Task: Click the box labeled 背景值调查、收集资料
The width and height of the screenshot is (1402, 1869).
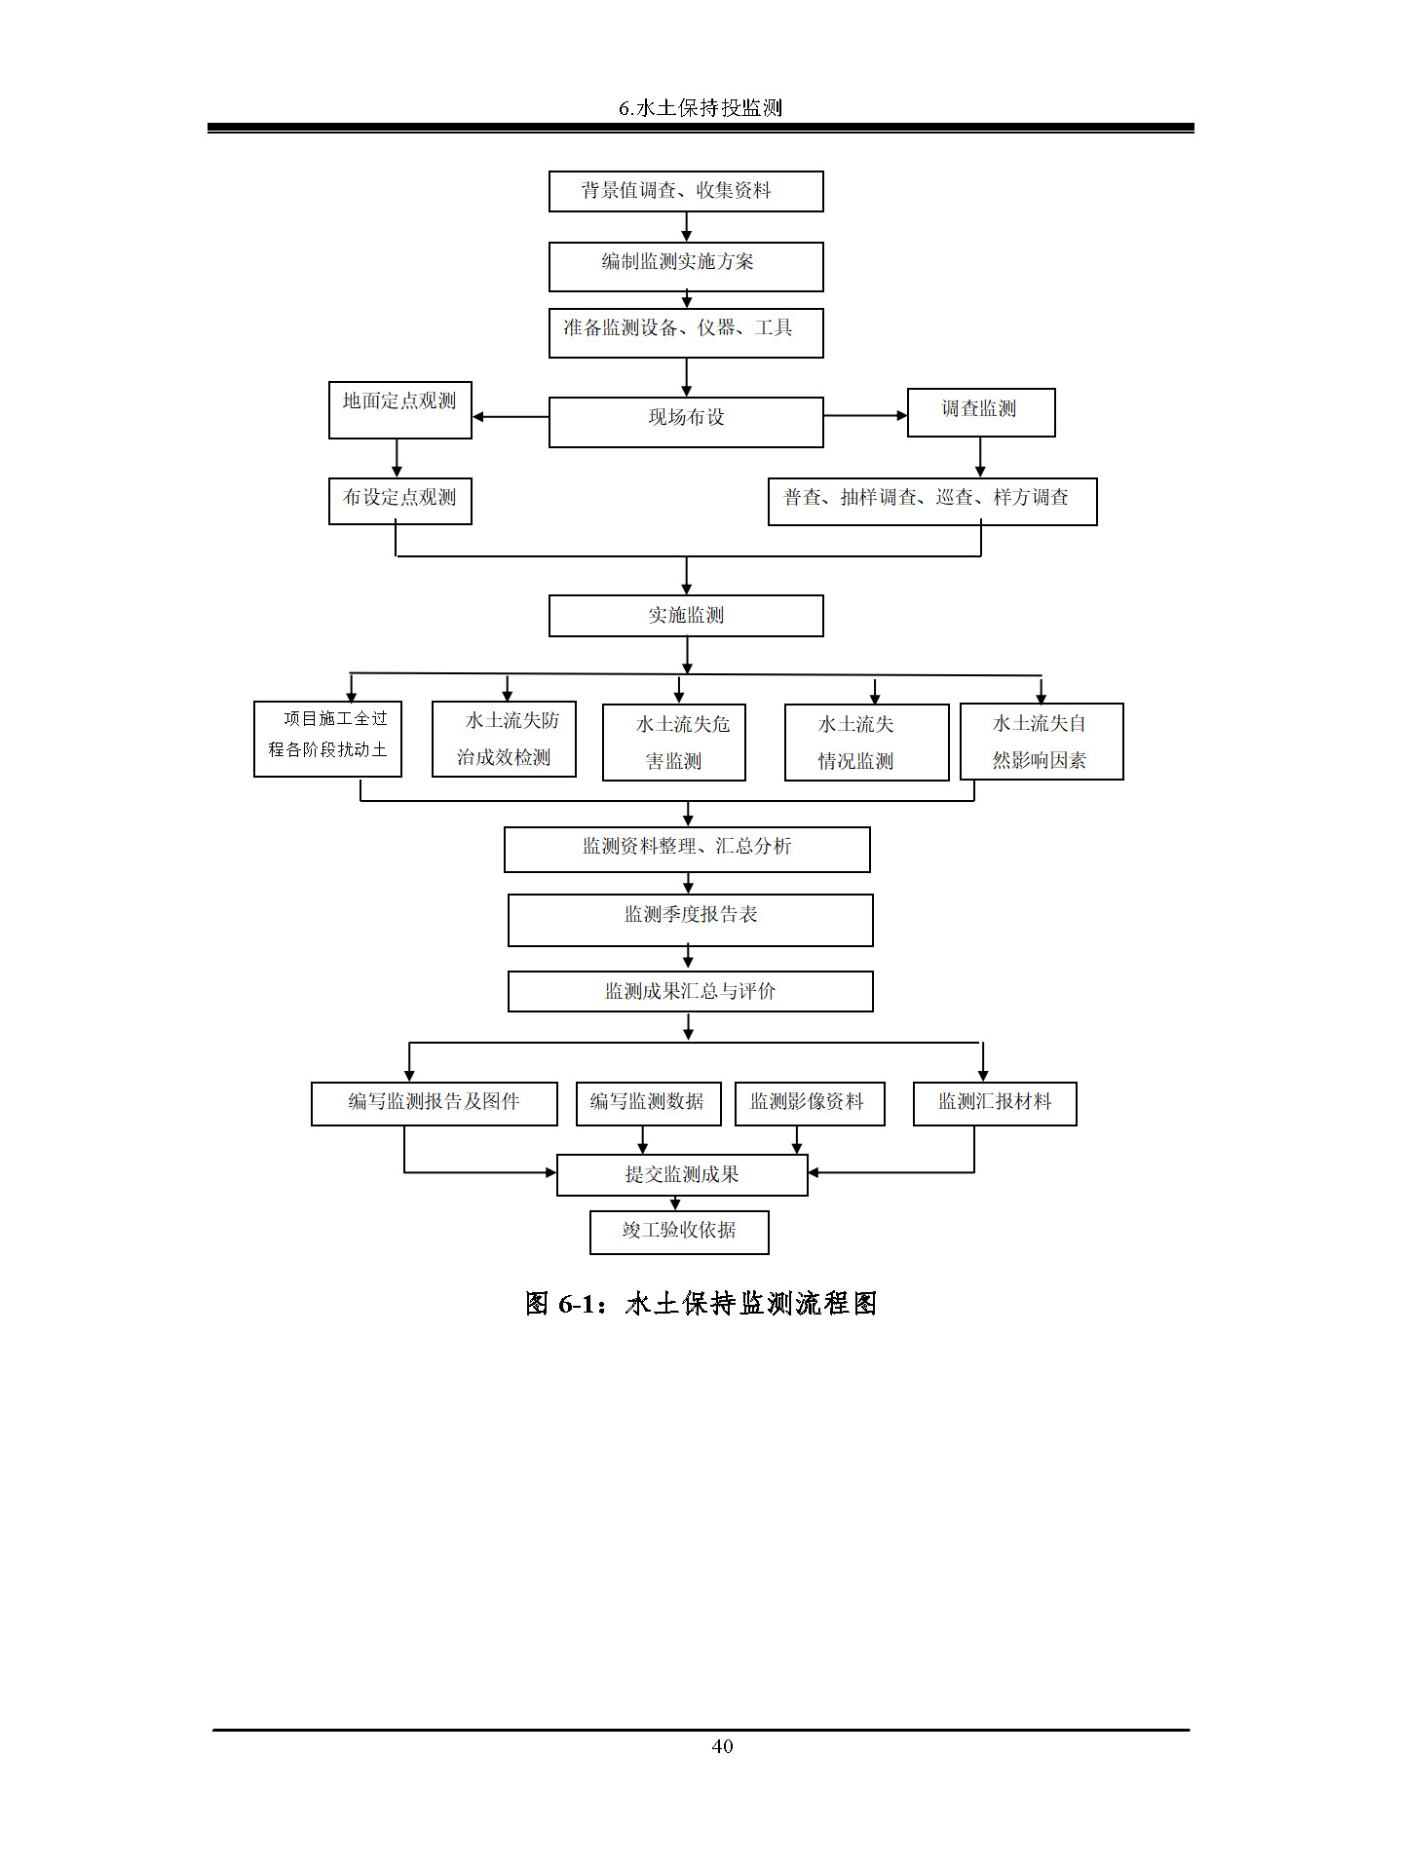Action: pos(686,191)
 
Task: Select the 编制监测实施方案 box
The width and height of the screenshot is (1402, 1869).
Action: pos(686,266)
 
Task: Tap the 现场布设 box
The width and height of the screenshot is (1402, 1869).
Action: pos(686,422)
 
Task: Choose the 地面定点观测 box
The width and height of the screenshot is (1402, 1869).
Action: pos(400,409)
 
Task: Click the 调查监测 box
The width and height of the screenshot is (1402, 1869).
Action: pos(981,412)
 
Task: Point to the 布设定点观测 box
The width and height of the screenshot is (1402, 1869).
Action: pos(400,501)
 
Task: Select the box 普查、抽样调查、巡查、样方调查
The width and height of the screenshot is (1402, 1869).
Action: pos(932,501)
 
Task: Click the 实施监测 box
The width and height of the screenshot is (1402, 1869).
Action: pos(686,616)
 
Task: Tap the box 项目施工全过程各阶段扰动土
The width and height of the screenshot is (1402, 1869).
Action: pos(327,739)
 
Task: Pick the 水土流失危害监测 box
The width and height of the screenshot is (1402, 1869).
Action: pos(674,743)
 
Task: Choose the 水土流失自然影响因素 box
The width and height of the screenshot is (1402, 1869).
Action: pos(1042,742)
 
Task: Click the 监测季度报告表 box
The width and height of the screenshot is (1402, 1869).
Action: pos(691,920)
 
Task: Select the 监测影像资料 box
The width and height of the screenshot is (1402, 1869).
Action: pos(810,1103)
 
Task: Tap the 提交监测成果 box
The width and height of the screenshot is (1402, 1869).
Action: pos(682,1174)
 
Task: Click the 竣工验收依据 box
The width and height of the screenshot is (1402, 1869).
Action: pos(679,1232)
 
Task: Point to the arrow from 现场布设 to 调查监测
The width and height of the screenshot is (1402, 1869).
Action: pos(865,416)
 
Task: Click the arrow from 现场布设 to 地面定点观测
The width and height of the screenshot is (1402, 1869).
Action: pos(511,417)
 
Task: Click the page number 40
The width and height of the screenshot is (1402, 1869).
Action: pos(722,1746)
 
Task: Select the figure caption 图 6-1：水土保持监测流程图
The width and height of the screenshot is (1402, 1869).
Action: pos(701,1303)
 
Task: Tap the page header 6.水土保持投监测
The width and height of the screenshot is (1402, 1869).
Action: pos(701,108)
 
